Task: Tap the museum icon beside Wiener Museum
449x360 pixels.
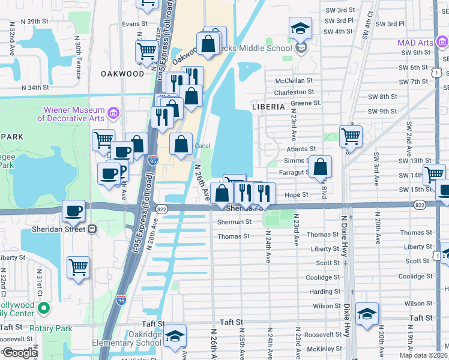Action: click(x=112, y=113)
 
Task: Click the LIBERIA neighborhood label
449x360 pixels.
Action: click(x=268, y=106)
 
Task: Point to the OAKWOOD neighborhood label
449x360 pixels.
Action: click(x=122, y=74)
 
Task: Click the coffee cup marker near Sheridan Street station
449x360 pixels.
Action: click(x=74, y=211)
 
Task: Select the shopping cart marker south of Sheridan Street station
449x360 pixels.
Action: click(x=78, y=267)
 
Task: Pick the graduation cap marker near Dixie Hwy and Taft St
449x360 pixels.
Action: click(x=367, y=314)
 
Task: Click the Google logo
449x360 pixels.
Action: click(x=19, y=352)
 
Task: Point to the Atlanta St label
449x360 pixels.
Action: click(x=301, y=149)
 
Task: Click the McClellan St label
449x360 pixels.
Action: click(x=294, y=80)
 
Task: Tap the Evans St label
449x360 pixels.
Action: click(x=135, y=24)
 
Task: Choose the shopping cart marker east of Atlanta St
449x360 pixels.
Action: click(x=351, y=136)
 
